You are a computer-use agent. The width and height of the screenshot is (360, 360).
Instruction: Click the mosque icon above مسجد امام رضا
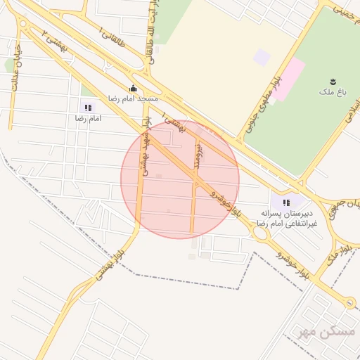[x=133, y=88]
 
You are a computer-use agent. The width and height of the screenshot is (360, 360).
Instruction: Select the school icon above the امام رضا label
[x=88, y=108]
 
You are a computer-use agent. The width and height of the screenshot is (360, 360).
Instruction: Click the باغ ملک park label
[x=328, y=92]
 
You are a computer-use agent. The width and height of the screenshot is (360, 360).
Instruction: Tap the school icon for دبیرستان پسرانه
[x=285, y=202]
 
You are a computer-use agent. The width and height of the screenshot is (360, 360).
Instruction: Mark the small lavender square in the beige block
[x=262, y=57]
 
